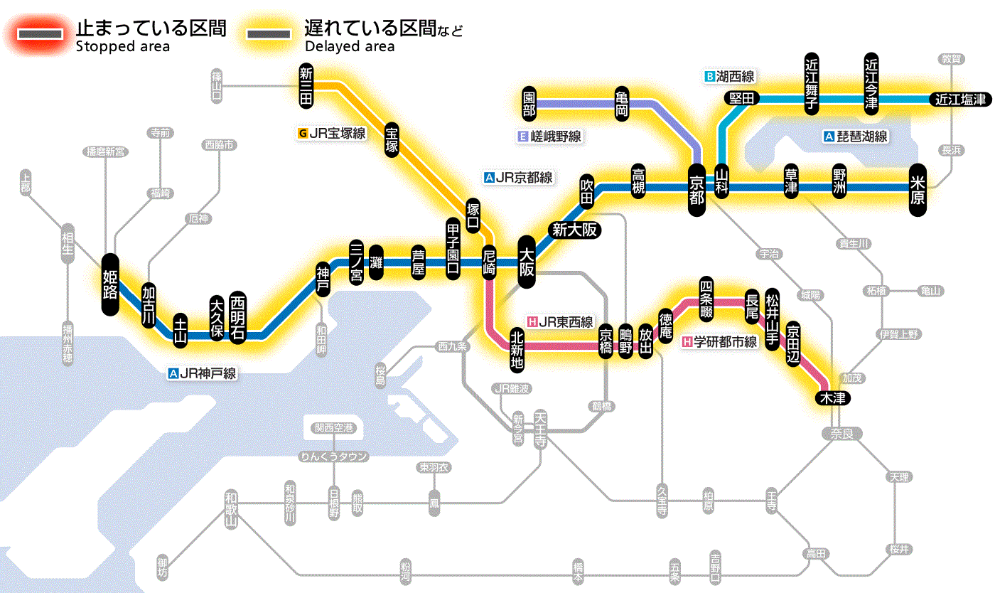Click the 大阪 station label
coord(527,262)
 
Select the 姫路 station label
coord(110,284)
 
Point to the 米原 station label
coord(918,189)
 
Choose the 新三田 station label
coord(306,86)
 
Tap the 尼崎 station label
coord(489,262)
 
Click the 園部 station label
coord(529,103)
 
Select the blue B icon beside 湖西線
coord(709,76)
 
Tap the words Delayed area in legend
coord(349,46)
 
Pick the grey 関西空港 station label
coord(334,428)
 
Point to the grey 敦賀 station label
coord(952,59)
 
